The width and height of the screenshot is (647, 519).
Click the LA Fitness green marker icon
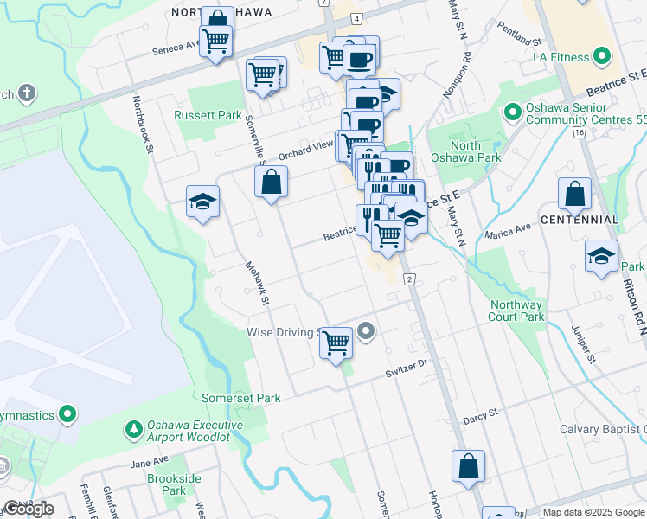click(603, 58)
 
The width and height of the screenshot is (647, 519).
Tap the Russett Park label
click(208, 115)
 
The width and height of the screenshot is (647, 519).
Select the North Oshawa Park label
click(477, 151)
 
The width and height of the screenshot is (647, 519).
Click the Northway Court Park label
click(516, 311)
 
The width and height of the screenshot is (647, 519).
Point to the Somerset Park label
click(241, 399)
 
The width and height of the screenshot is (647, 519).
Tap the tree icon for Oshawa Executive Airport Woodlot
click(133, 429)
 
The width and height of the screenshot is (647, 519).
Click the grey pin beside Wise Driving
click(366, 331)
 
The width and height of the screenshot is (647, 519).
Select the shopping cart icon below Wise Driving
click(336, 343)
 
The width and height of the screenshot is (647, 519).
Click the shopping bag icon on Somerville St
click(272, 183)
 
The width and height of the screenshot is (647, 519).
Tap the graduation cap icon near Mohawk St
click(202, 203)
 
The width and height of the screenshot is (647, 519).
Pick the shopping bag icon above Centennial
click(574, 195)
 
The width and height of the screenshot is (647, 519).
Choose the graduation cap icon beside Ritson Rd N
click(601, 257)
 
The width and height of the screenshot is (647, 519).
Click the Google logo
click(29, 509)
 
